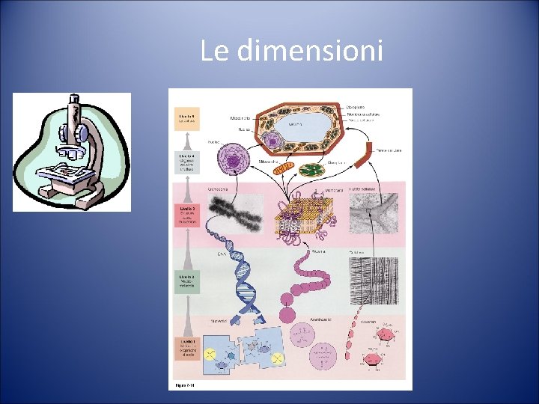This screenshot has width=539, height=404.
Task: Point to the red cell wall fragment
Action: [364, 162]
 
